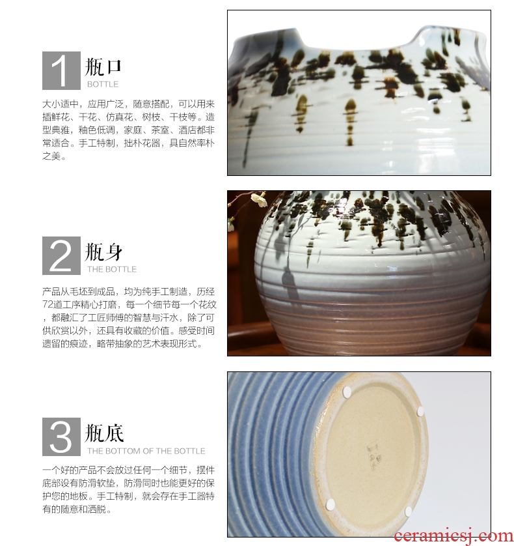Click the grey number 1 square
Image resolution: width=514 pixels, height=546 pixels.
[x=61, y=70]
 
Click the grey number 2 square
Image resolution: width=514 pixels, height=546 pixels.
[x=61, y=255]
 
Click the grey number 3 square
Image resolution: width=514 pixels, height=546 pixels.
[x=61, y=437]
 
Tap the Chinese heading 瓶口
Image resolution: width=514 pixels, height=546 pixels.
[x=103, y=67]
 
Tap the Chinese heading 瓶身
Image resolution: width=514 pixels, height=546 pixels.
[x=103, y=252]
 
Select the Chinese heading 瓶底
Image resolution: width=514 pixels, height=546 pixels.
[x=104, y=433]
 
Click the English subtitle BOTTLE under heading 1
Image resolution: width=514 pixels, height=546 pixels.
[x=103, y=84]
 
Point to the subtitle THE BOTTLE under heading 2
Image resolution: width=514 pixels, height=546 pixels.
[x=112, y=269]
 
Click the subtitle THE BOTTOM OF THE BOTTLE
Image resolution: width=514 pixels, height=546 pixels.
[x=146, y=451]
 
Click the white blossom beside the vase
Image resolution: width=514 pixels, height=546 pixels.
[x=259, y=199]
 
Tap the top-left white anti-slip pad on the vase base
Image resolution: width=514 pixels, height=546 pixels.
[x=347, y=392]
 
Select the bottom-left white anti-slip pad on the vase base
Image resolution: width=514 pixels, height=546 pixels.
[x=330, y=504]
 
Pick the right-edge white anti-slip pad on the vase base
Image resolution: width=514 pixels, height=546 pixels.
[x=420, y=412]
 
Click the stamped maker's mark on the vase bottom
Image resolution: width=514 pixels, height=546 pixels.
[x=373, y=457]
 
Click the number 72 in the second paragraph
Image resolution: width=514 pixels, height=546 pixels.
[x=47, y=305]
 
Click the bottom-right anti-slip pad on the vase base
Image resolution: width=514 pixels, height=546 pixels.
[x=409, y=511]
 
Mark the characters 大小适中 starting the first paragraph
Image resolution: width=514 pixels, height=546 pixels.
[x=61, y=104]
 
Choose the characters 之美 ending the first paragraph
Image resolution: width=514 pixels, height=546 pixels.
[x=51, y=156]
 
